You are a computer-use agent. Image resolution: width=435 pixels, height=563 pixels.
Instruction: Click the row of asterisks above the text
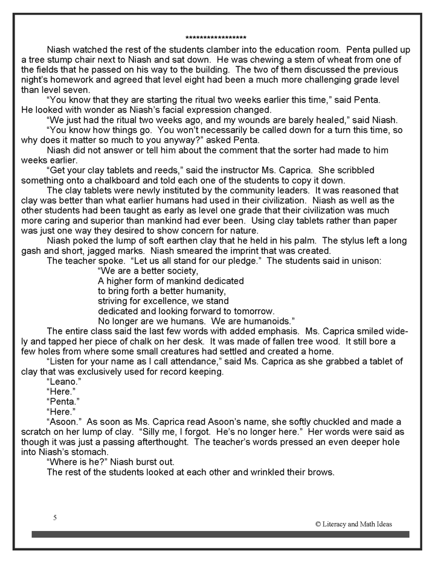click(x=216, y=37)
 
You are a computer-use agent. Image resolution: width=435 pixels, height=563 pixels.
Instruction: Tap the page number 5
click(x=55, y=518)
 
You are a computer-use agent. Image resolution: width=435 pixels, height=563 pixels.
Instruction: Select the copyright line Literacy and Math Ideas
click(x=353, y=524)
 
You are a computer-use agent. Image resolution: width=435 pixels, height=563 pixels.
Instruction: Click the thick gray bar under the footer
click(x=220, y=534)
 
